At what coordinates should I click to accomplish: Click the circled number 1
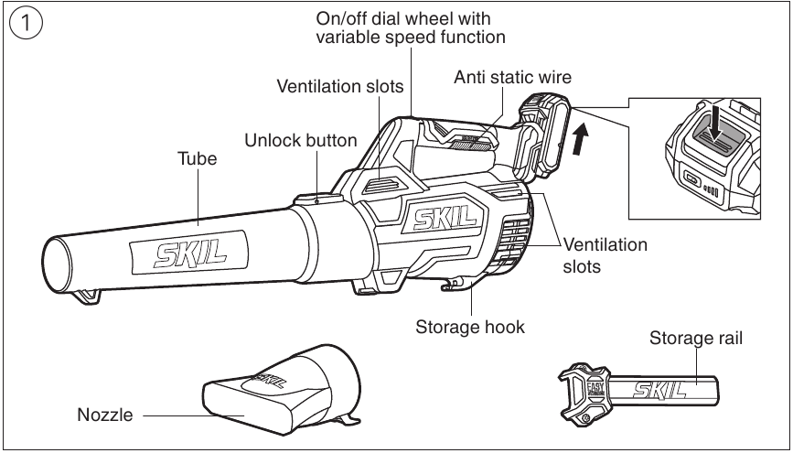[27, 25]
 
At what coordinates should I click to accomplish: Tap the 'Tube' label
[198, 158]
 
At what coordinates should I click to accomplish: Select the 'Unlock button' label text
[301, 140]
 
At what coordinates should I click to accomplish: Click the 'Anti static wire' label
[512, 77]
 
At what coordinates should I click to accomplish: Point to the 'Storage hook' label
[470, 327]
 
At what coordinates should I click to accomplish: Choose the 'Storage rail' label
[696, 338]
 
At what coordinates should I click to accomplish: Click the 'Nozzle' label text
[105, 415]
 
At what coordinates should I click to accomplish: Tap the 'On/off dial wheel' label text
[403, 18]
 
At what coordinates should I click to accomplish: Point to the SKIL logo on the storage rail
[659, 390]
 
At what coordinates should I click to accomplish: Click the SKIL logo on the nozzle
[270, 380]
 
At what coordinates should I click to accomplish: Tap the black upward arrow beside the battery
[582, 139]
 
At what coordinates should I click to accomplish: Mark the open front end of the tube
[56, 264]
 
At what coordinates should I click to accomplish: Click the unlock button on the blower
[317, 199]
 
